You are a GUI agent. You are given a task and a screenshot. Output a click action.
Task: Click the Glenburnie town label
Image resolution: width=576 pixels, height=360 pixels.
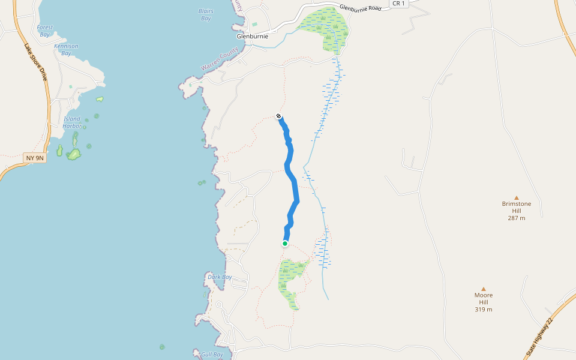tap(252, 36)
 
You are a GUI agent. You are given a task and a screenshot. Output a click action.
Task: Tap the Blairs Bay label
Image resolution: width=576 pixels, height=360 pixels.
tap(206, 14)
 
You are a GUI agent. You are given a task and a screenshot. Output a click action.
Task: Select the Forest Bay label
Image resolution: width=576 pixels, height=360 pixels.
tap(45, 31)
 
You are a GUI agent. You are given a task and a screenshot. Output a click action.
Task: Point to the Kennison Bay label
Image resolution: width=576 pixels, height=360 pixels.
tap(66, 49)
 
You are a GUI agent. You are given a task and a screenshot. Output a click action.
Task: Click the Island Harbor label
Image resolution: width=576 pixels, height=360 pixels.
tap(72, 122)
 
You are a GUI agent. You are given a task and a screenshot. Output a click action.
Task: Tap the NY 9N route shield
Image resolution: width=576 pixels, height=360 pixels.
tap(35, 158)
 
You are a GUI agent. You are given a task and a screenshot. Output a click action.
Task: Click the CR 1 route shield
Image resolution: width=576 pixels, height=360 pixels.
tap(399, 4)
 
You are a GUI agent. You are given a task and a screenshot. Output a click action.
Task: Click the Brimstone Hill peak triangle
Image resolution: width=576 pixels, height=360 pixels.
tap(516, 197)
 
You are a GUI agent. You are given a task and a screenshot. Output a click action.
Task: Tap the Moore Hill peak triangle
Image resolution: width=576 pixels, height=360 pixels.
tap(483, 289)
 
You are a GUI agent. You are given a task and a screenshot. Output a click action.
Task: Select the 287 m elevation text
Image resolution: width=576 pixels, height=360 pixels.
tap(516, 218)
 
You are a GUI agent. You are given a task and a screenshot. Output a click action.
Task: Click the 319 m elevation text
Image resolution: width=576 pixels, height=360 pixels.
tap(483, 310)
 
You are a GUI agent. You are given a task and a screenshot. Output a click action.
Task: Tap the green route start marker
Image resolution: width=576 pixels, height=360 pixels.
tap(285, 244)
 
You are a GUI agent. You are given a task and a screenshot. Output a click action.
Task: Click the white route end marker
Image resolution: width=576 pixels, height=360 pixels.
tap(279, 116)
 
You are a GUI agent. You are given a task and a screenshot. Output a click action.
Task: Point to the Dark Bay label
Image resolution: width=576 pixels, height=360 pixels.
tap(220, 277)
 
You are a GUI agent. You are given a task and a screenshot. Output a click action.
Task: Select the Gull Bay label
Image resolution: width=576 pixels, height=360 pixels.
tap(212, 355)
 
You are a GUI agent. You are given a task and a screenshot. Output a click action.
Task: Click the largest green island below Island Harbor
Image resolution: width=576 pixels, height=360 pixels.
tap(74, 154)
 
